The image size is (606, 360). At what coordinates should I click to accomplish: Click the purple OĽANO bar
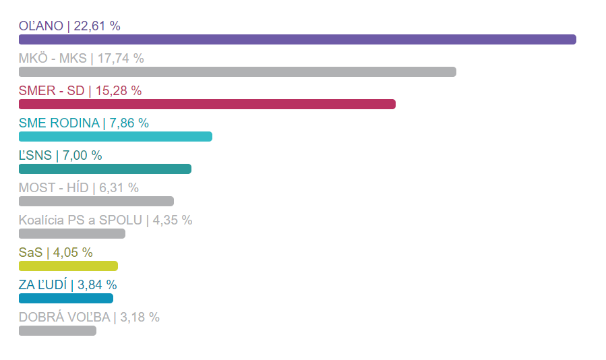297,39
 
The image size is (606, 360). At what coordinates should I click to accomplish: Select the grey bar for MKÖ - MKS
237,71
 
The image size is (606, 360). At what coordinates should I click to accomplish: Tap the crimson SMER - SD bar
207,104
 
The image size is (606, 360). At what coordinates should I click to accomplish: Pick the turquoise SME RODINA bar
115,136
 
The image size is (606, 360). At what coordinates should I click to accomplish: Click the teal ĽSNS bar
105,169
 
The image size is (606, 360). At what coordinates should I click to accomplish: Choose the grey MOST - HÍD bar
96,201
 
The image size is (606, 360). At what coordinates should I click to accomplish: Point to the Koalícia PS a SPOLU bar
72,233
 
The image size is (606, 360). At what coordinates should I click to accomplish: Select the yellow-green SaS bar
68,266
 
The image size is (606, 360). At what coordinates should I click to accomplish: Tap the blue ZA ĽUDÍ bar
66,298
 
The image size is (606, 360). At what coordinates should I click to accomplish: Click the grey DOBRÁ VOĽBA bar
57,330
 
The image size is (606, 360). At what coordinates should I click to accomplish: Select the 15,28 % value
119,91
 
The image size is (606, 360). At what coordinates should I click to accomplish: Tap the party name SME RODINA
59,123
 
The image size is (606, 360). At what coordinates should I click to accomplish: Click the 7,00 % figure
82,156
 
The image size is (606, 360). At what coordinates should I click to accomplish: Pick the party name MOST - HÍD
53,188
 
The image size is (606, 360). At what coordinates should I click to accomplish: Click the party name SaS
30,253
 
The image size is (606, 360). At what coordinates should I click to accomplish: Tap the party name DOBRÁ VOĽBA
65,318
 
